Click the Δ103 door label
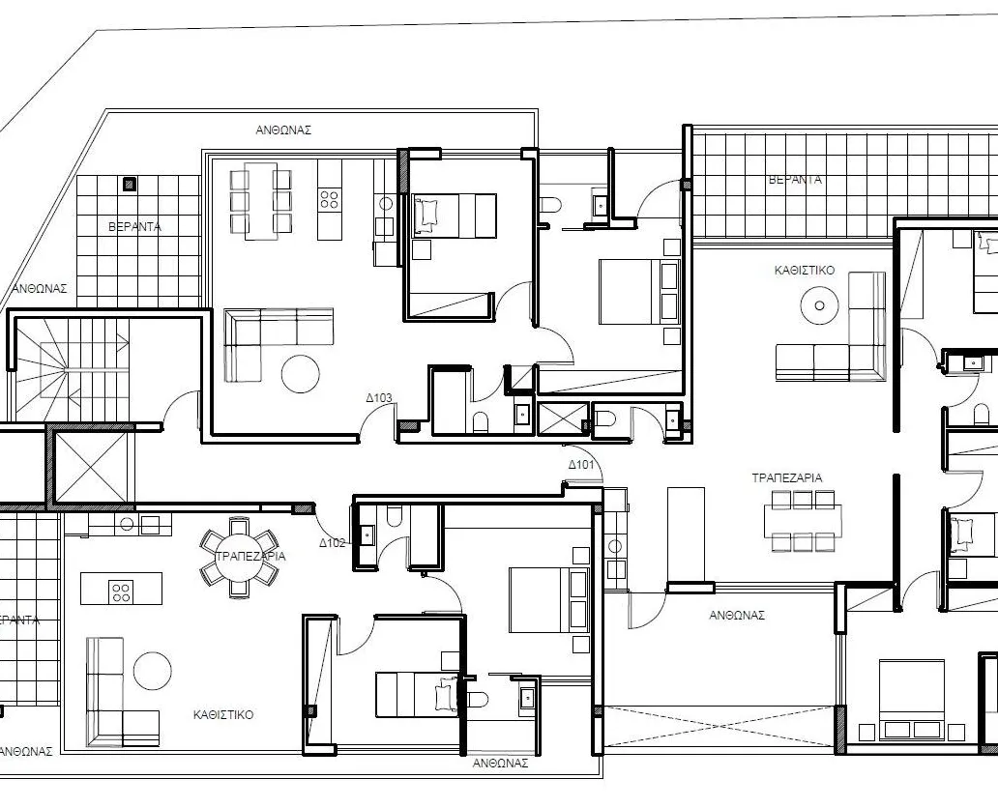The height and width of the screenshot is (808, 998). pyautogui.click(x=378, y=397)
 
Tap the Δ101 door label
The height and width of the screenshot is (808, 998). pyautogui.click(x=581, y=466)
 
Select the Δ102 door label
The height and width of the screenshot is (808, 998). pyautogui.click(x=332, y=543)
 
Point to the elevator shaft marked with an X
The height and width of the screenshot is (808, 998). pyautogui.click(x=90, y=468)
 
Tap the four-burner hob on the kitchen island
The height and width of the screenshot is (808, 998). pyautogui.click(x=121, y=590)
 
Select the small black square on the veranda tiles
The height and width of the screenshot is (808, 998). pyautogui.click(x=131, y=184)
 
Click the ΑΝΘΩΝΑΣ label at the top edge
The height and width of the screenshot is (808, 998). pyautogui.click(x=283, y=130)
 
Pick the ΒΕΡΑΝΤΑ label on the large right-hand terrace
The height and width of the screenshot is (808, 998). pyautogui.click(x=795, y=180)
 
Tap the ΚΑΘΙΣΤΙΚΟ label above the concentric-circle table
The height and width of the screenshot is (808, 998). pyautogui.click(x=804, y=272)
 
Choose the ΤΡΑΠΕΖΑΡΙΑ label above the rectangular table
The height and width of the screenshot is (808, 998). pyautogui.click(x=787, y=477)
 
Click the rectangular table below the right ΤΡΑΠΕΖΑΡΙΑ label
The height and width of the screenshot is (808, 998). pyautogui.click(x=802, y=521)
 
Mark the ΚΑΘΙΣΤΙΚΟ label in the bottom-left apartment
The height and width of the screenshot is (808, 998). pyautogui.click(x=223, y=715)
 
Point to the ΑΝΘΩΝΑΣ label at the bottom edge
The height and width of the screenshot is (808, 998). pyautogui.click(x=500, y=763)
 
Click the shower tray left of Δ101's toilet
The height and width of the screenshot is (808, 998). pyautogui.click(x=562, y=418)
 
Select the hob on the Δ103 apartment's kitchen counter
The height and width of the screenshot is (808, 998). pyautogui.click(x=329, y=199)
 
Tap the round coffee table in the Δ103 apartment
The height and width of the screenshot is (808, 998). pyautogui.click(x=301, y=373)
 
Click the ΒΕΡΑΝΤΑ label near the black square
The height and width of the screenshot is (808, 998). pyautogui.click(x=134, y=227)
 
